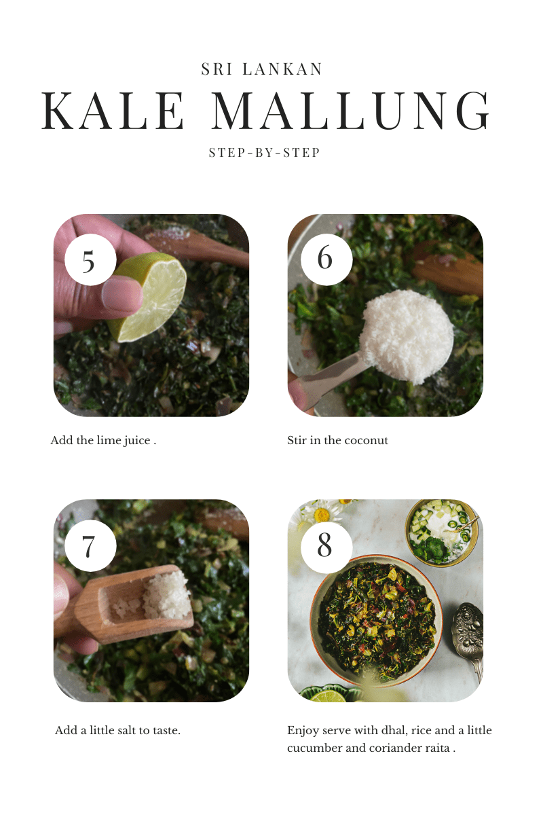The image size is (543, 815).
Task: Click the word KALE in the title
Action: [113, 111]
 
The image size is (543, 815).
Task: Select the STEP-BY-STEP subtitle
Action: [265, 153]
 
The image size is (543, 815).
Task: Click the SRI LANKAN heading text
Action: [262, 69]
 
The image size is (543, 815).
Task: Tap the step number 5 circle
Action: [90, 259]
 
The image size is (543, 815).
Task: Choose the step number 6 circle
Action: [326, 259]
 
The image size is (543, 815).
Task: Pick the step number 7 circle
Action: [90, 546]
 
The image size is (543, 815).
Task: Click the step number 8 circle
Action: [326, 546]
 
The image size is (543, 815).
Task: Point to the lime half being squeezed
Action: [149, 297]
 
